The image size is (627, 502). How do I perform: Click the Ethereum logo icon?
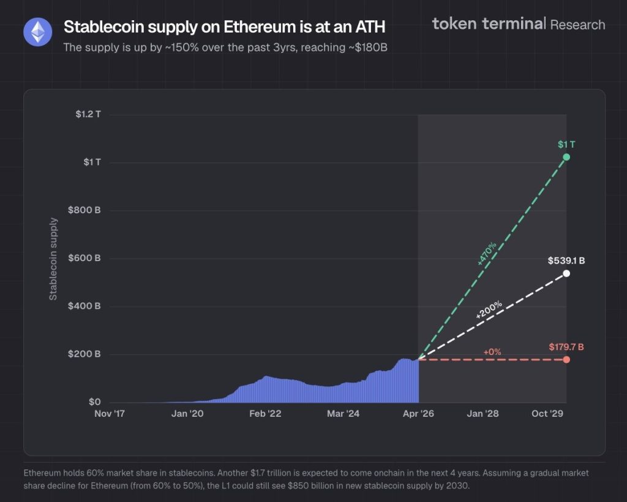(37, 32)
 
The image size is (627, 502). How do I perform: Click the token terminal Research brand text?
(518, 25)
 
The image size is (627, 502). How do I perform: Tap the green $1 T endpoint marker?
(566, 158)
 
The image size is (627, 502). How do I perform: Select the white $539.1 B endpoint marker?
(566, 273)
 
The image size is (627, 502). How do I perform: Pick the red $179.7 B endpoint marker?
(566, 359)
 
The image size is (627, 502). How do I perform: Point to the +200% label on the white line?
(489, 310)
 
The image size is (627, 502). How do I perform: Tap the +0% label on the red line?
(492, 352)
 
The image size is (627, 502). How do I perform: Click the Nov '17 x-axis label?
(110, 414)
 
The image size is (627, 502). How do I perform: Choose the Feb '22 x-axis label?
(265, 414)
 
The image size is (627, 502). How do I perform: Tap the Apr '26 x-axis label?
(418, 414)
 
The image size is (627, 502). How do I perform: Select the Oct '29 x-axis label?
(547, 414)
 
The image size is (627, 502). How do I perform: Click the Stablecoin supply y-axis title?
(53, 259)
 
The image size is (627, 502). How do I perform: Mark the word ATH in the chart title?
(367, 28)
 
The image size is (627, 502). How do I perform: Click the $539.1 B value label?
(566, 261)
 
